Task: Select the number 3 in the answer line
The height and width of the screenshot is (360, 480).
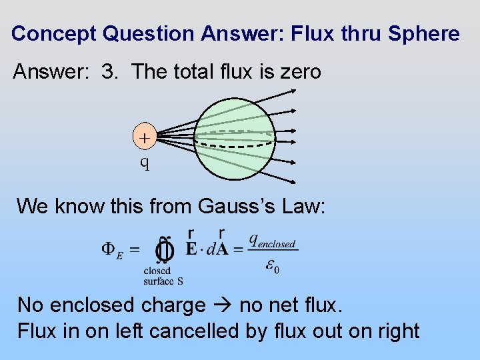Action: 109,72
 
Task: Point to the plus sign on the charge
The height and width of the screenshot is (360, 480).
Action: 144,138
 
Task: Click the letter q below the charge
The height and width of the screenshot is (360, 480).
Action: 144,162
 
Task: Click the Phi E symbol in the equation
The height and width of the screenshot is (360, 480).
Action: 112,250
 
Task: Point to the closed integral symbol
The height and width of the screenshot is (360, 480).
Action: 165,251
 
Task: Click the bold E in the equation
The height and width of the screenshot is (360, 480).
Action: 191,251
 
